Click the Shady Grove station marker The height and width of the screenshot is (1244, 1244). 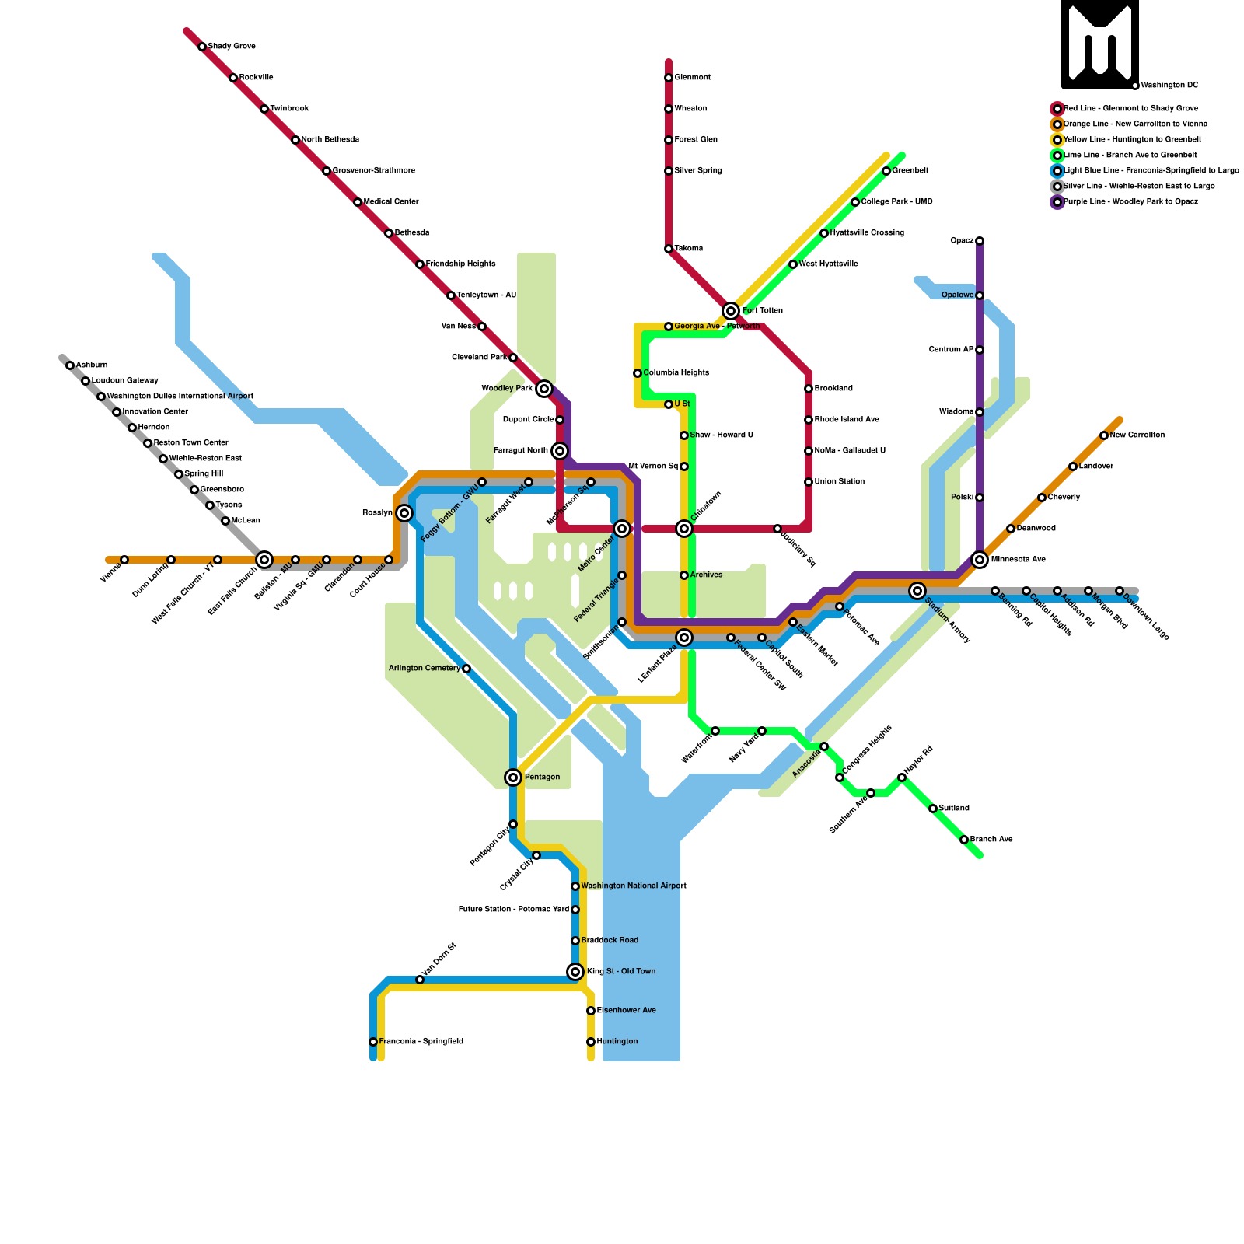click(x=202, y=47)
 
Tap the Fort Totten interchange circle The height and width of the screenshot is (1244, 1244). click(x=731, y=311)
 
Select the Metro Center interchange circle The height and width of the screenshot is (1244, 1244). click(x=622, y=529)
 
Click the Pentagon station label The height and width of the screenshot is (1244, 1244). click(x=542, y=777)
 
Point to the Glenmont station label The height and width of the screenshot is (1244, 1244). click(x=692, y=78)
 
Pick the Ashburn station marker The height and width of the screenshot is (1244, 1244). click(x=70, y=365)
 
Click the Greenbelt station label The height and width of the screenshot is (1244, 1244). click(x=910, y=171)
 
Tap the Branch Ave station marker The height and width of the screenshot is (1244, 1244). click(x=964, y=840)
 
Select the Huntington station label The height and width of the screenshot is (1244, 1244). click(x=617, y=1042)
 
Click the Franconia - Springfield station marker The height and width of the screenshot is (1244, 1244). click(x=373, y=1042)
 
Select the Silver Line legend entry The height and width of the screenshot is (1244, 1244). click(x=1139, y=187)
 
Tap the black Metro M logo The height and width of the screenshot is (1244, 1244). click(x=1100, y=44)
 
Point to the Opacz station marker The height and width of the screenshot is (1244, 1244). click(x=980, y=241)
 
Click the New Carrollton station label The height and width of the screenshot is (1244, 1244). click(x=1137, y=435)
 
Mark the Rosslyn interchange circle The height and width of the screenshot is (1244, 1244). click(x=404, y=513)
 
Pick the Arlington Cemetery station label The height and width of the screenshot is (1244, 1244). click(x=425, y=669)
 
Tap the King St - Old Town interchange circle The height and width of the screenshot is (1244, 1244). click(x=575, y=972)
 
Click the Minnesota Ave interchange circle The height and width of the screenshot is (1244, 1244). click(x=980, y=560)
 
